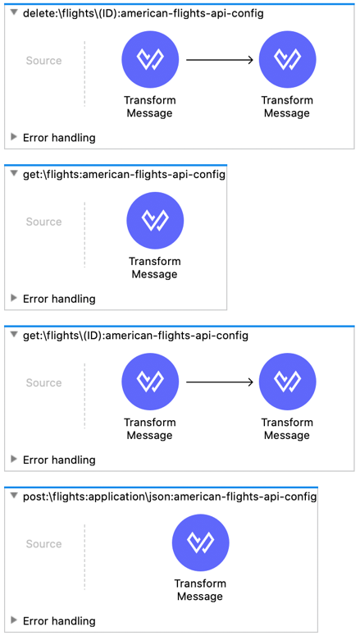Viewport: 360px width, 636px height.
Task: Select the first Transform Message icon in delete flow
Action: click(150, 59)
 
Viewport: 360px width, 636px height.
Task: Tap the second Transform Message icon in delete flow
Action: click(288, 59)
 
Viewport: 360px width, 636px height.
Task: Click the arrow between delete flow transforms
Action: click(220, 60)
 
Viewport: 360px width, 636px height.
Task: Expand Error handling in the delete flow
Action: click(59, 138)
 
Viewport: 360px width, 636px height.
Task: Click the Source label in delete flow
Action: click(43, 61)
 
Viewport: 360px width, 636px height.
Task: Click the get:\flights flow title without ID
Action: click(124, 175)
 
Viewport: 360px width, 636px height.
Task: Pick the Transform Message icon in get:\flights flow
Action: click(155, 220)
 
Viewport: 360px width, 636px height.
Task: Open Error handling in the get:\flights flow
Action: click(59, 299)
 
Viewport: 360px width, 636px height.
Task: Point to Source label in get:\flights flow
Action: click(43, 222)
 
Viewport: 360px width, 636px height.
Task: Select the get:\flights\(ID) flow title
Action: click(135, 336)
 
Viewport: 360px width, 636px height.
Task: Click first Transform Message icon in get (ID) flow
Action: click(150, 382)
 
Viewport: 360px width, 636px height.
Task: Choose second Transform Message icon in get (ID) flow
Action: click(288, 382)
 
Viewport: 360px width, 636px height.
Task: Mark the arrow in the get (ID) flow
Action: click(220, 382)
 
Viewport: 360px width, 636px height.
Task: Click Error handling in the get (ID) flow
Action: click(59, 460)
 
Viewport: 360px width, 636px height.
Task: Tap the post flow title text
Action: click(170, 496)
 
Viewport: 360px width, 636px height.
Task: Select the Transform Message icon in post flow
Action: click(201, 542)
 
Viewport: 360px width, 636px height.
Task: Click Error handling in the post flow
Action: click(59, 620)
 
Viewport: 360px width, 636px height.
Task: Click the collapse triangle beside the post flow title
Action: click(14, 496)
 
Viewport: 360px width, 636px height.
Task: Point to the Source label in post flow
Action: click(43, 543)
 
